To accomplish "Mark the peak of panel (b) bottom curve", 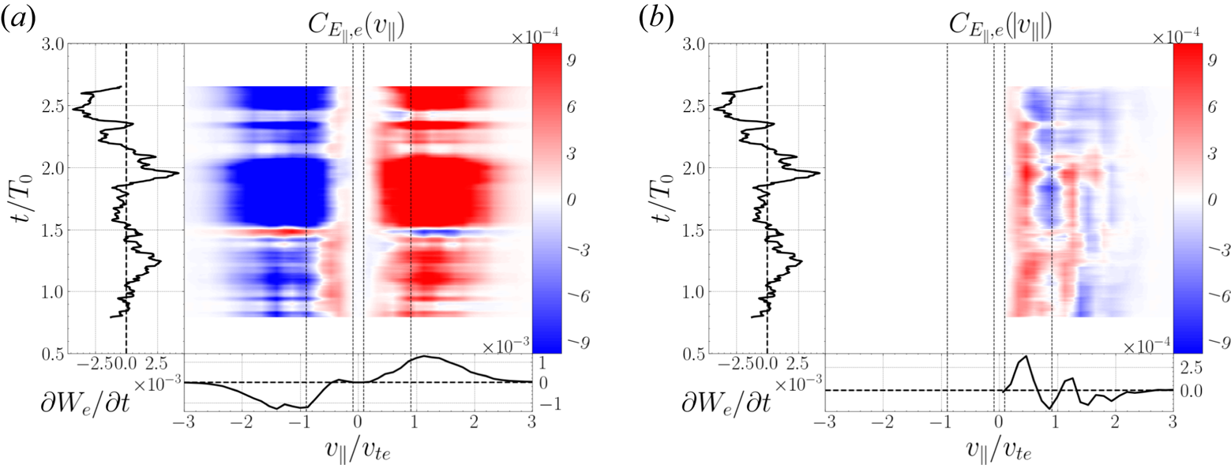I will (x=1025, y=357).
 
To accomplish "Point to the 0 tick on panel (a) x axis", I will (x=358, y=420).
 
